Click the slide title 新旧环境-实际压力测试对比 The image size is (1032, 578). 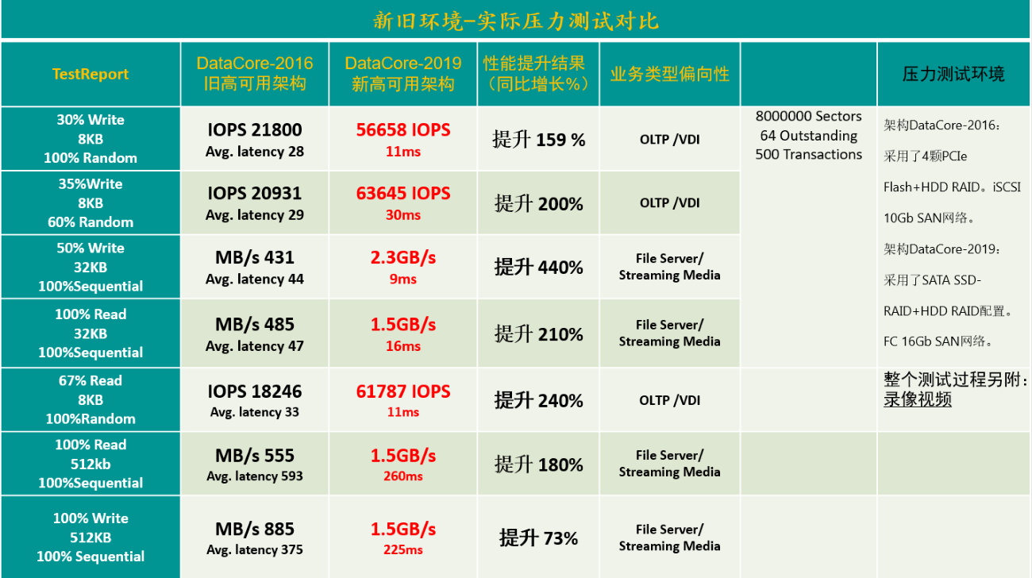516,20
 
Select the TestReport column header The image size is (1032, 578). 90,74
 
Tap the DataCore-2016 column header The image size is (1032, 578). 255,73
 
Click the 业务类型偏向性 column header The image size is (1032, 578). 669,74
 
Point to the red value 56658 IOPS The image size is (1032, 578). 402,130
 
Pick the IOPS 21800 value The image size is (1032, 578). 255,130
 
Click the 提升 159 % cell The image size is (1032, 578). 538,141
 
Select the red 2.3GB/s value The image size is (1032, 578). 402,258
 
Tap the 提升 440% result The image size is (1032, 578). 538,268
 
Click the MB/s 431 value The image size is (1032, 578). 255,258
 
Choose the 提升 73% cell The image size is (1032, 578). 538,538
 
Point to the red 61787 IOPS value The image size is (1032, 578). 402,391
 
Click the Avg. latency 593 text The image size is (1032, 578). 255,476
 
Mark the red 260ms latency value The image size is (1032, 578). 402,476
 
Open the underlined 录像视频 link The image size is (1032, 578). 918,399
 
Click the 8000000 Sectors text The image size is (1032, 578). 808,117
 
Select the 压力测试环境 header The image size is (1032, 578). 953,75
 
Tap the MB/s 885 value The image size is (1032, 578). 255,529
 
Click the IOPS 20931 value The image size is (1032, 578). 255,194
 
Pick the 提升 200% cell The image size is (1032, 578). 538,204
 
